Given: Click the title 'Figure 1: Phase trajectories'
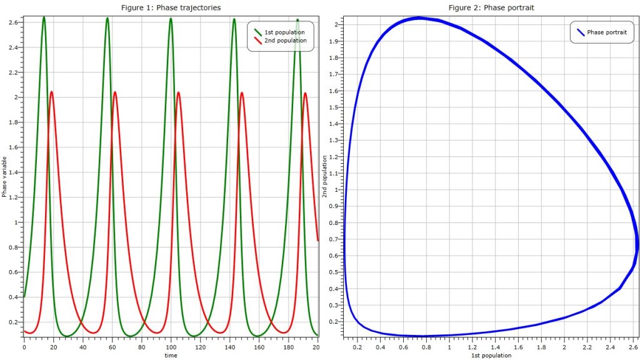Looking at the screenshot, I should pos(170,7).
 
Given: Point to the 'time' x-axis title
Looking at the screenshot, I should pos(171,355).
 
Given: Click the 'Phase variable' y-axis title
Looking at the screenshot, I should pos(4,177).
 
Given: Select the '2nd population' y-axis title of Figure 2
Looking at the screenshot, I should pos(324,177).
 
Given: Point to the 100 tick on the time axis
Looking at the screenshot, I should pos(171,346).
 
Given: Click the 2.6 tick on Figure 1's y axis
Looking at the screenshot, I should pos(13,22).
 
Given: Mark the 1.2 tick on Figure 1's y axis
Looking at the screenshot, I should pos(13,197).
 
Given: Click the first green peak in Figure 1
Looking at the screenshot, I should pos(44,17).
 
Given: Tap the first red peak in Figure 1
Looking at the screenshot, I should pos(51,91).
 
